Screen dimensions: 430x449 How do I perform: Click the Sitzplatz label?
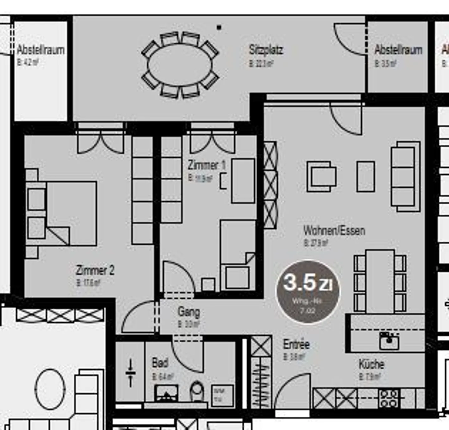(266, 50)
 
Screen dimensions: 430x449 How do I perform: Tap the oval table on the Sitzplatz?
(180, 65)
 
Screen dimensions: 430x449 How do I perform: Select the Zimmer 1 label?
(206, 165)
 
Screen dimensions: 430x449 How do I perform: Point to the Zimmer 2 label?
(95, 270)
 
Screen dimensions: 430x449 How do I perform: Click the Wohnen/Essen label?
(334, 231)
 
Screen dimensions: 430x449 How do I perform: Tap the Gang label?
(189, 312)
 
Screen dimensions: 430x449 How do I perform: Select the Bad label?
(160, 363)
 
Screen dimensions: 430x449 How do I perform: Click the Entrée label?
(296, 344)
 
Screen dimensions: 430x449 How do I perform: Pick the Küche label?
(371, 364)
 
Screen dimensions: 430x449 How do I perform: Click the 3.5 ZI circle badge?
(308, 291)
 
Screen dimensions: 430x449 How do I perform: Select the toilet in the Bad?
(197, 391)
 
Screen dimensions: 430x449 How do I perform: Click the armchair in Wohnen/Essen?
(321, 176)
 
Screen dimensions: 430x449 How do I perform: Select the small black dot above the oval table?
(219, 27)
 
